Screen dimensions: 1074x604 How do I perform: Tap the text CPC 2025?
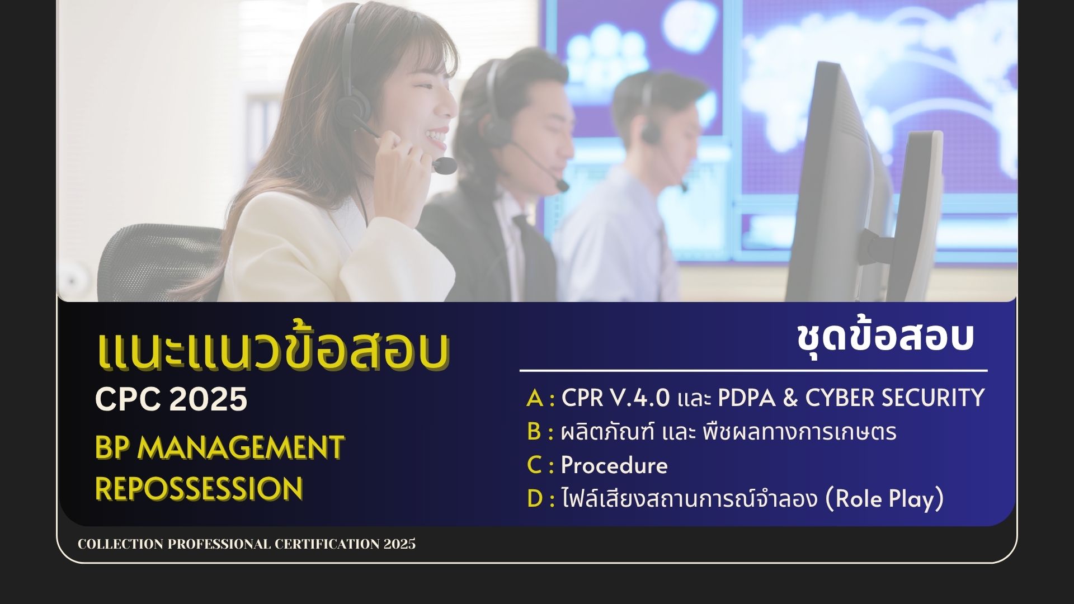(171, 399)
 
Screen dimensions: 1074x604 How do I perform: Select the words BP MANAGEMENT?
(220, 447)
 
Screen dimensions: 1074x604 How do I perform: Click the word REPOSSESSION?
(199, 488)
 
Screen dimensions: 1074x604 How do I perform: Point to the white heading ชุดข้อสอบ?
(885, 337)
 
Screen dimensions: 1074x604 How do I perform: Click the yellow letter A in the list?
(535, 398)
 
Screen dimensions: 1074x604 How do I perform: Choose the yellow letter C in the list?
(534, 465)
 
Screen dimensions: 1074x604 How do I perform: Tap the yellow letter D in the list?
(535, 499)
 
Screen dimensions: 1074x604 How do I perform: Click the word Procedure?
(614, 465)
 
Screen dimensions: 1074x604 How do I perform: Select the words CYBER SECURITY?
(895, 398)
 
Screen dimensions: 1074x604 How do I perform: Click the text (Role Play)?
(885, 499)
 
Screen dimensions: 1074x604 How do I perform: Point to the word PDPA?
(746, 398)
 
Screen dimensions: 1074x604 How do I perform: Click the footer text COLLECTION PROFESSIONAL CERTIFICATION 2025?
(247, 544)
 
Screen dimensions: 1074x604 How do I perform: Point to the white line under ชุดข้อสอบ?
(753, 370)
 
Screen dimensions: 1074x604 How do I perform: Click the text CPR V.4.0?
(615, 398)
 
